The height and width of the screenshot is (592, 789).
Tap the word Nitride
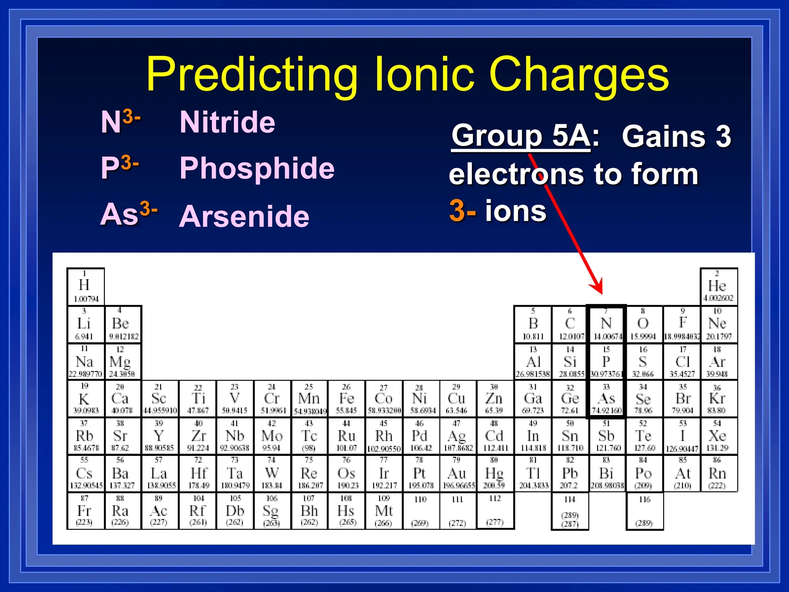click(227, 122)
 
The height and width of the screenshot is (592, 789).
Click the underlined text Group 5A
click(520, 136)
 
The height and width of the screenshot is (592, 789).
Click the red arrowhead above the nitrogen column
click(597, 287)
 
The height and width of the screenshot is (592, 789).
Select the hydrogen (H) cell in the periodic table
click(85, 286)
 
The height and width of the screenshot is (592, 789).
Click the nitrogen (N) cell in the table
click(606, 324)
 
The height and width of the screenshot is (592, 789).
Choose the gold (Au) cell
click(457, 474)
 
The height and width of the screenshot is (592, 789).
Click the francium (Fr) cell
click(85, 511)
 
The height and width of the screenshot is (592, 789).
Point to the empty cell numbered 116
click(644, 511)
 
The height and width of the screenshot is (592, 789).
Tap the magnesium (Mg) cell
click(121, 362)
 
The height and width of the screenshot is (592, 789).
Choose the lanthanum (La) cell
click(159, 474)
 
